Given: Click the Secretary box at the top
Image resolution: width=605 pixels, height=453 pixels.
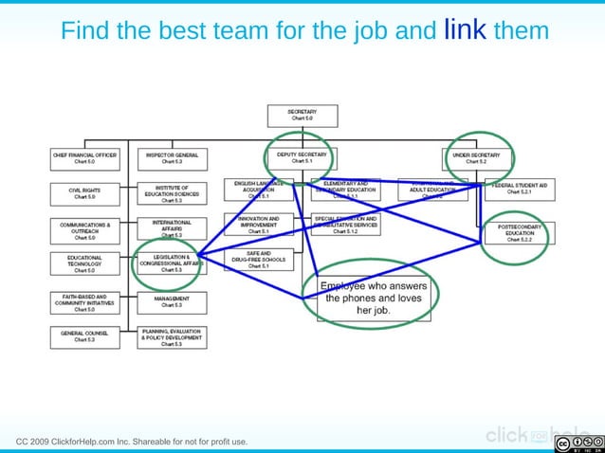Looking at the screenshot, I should pos(302,115).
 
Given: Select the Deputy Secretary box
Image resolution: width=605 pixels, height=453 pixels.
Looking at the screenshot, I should pos(302,157).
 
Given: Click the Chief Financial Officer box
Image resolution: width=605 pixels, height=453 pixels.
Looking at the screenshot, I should pos(84,157).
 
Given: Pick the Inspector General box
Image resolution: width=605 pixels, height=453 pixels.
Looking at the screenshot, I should pos(172,157).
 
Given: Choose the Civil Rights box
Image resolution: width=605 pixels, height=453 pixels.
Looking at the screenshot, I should pos(84,192).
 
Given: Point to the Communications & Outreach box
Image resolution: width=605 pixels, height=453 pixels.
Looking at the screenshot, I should pos(84,230).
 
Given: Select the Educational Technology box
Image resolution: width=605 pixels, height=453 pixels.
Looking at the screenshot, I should pos(84,263).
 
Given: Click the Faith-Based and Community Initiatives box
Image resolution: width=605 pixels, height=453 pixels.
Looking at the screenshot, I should pos(84,302).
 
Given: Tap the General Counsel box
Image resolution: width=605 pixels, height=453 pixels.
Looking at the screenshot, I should pos(84,335).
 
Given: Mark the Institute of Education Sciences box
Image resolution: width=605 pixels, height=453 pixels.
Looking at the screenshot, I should pos(172,193).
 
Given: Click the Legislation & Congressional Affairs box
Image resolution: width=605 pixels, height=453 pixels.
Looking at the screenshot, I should pos(172,263).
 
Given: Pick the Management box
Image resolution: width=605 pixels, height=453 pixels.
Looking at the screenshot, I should pos(172,302).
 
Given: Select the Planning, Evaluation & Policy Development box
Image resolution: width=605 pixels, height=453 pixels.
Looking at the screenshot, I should pos(172,336).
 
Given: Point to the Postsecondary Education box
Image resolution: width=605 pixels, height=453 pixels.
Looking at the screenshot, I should pos(520,233).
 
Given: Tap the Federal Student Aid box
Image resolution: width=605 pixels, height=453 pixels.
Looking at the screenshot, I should pos(520,188).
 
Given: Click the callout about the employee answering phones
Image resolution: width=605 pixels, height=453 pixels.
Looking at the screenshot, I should pos(373,298).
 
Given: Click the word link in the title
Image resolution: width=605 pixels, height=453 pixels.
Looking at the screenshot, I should pos(465,30).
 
